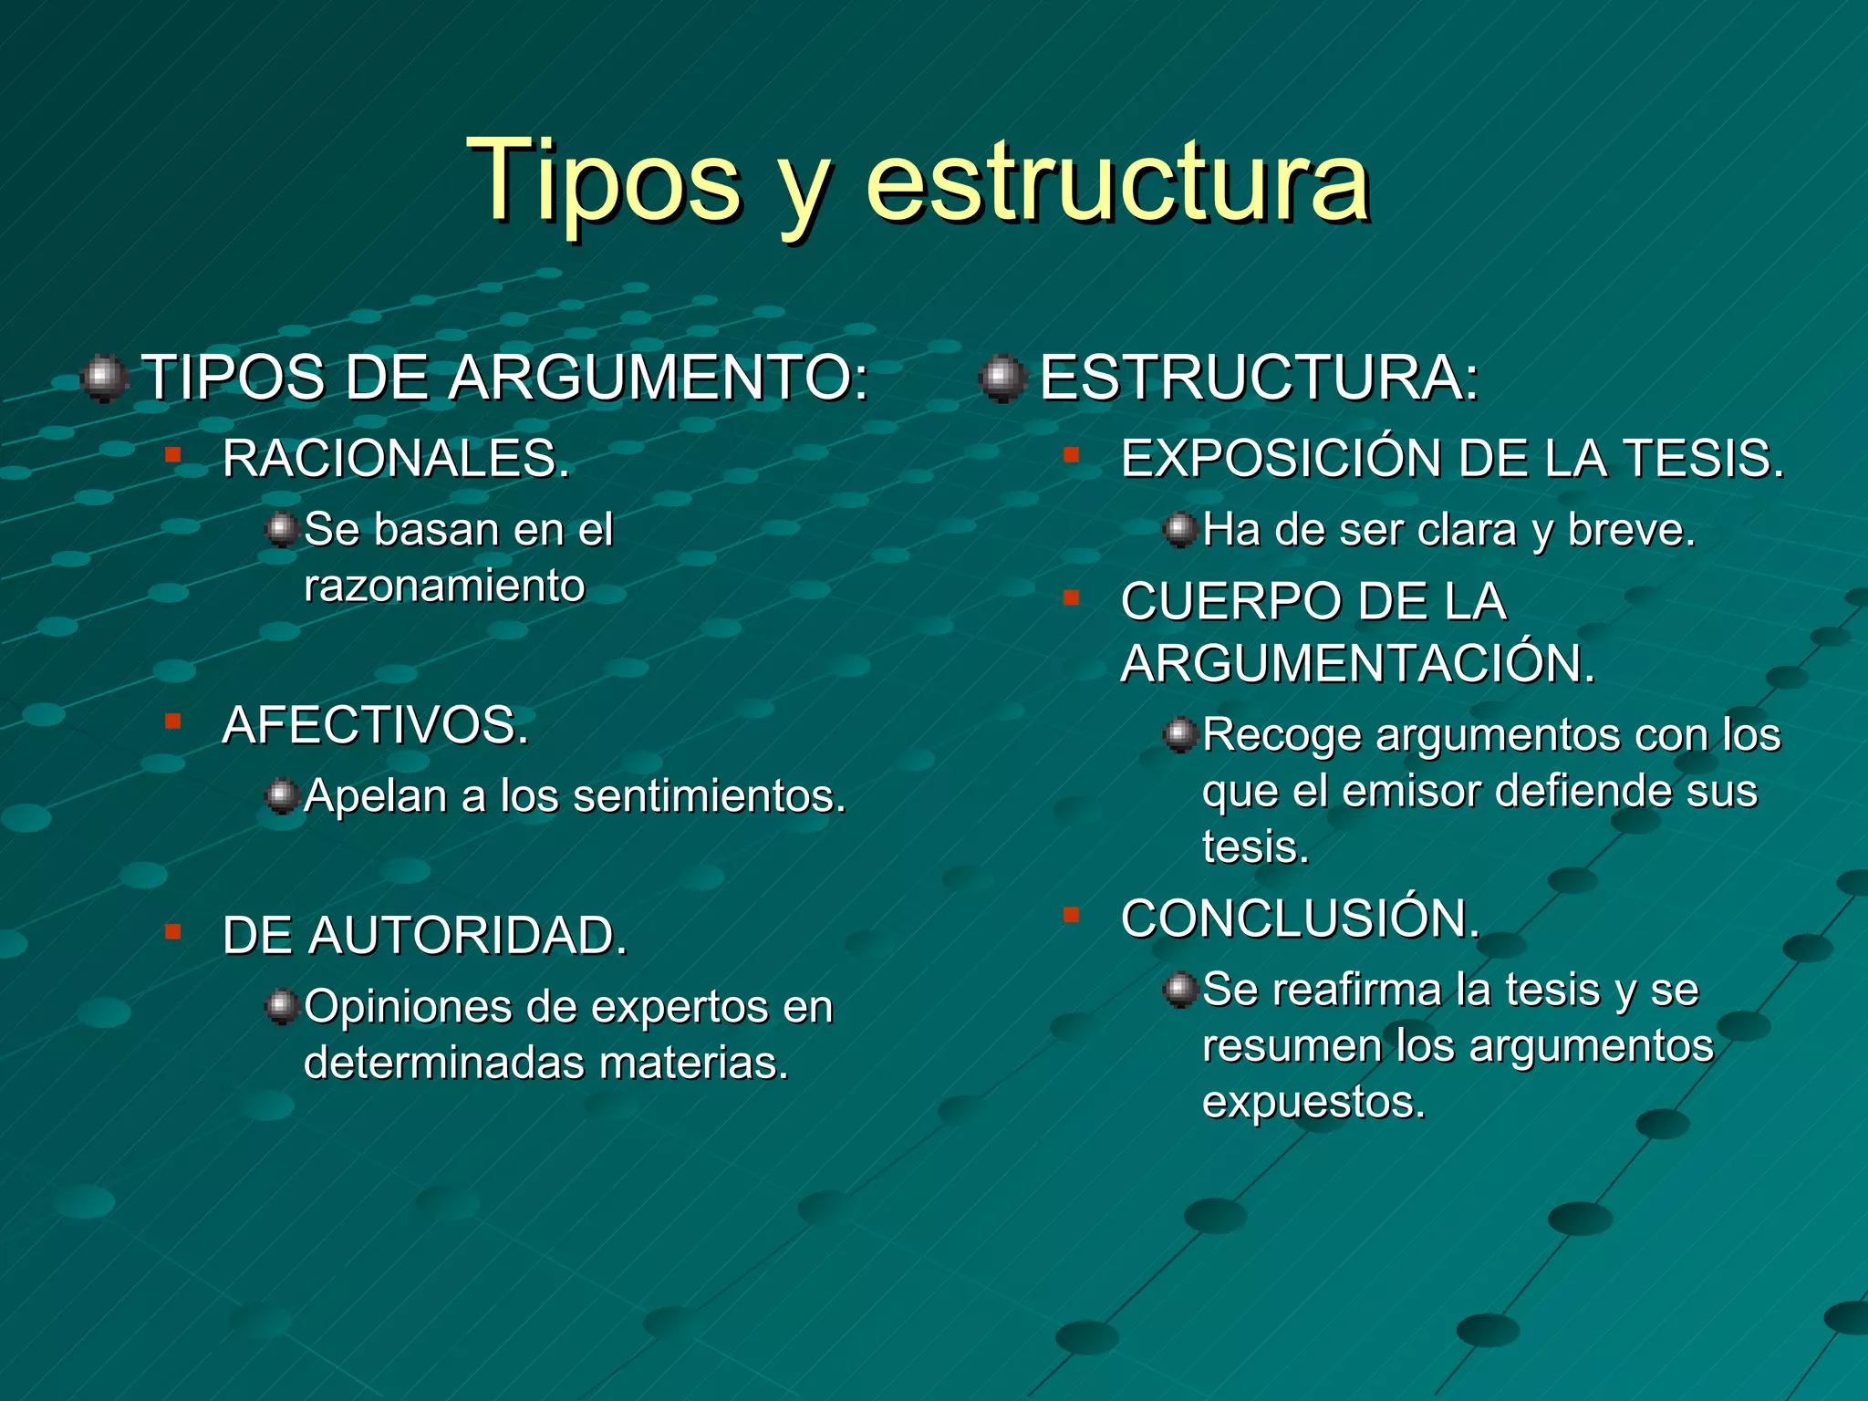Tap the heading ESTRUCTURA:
(1259, 377)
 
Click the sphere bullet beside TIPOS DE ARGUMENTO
(104, 378)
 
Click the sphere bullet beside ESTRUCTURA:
(1002, 378)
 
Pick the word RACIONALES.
(396, 458)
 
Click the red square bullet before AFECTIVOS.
(172, 722)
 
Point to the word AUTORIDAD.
(468, 936)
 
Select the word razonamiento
(444, 586)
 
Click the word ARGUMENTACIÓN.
(1358, 663)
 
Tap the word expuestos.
(1313, 1102)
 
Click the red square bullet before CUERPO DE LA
(1071, 598)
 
